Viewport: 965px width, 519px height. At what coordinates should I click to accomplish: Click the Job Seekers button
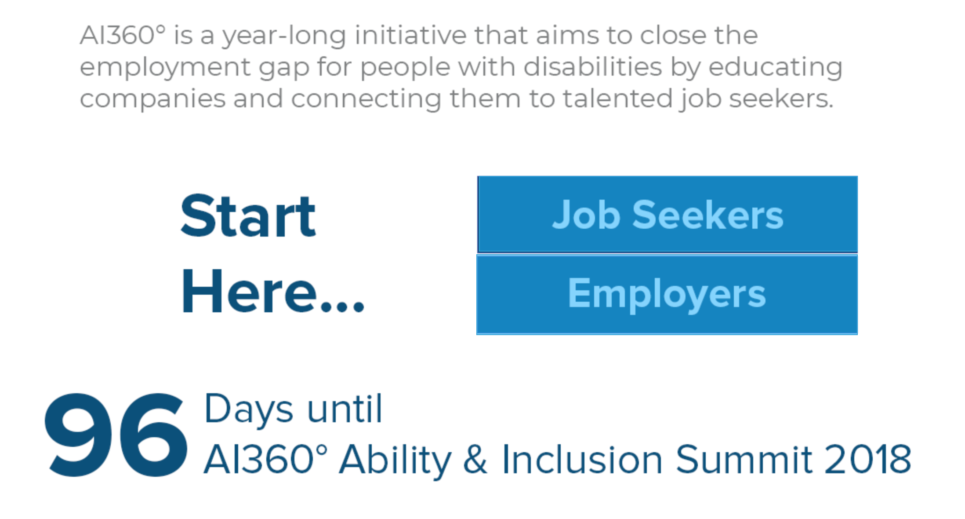point(668,214)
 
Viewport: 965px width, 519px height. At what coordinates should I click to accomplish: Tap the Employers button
point(667,295)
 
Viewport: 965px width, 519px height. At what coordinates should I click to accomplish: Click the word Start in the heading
point(248,216)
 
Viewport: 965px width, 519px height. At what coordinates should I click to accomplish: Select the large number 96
point(116,435)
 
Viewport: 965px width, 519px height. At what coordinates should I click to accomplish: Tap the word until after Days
point(345,409)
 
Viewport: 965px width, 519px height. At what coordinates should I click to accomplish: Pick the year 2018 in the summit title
point(867,459)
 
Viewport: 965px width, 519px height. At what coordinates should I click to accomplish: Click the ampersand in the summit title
point(475,459)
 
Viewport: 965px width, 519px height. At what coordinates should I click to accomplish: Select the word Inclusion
point(582,459)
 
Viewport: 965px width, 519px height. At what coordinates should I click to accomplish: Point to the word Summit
point(744,459)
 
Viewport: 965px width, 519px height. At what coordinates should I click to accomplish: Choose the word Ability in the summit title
point(395,461)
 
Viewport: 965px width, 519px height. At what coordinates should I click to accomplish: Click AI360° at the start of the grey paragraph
point(123,35)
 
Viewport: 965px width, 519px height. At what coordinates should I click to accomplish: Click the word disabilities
point(592,67)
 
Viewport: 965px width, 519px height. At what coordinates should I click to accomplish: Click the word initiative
point(410,35)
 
